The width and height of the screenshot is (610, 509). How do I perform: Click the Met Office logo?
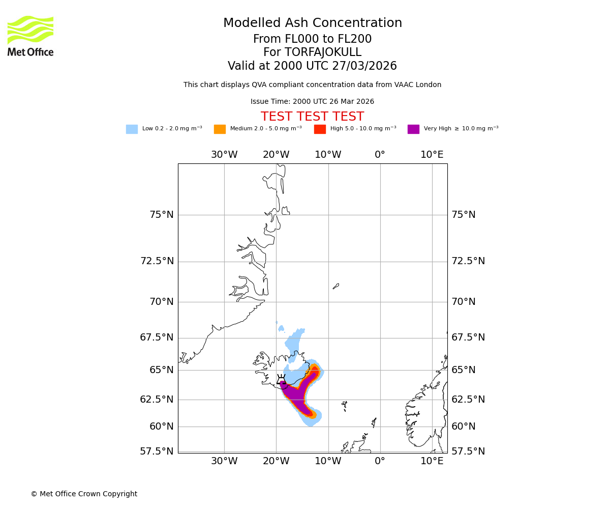[30, 36]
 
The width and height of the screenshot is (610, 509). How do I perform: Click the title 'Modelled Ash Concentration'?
[312, 23]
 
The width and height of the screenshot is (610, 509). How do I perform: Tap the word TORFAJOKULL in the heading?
[323, 52]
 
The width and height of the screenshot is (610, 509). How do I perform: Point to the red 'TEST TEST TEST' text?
[312, 117]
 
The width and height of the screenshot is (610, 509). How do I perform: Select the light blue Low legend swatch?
[132, 129]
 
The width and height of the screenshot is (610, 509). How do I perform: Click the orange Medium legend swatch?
[220, 129]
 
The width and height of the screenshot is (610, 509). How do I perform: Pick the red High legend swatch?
[320, 129]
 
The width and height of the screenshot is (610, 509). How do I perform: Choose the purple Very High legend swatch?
[413, 129]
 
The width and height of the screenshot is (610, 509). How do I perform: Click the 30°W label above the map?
[224, 155]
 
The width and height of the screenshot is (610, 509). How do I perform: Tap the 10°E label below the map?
[432, 461]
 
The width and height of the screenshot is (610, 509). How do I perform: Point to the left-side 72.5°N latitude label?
[157, 261]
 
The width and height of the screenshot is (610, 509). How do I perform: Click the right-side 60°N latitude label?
[463, 427]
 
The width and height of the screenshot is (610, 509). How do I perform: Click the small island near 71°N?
[336, 286]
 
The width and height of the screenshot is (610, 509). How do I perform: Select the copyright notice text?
[84, 494]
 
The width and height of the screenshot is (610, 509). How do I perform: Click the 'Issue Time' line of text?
[312, 101]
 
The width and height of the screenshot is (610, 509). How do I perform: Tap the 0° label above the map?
[380, 155]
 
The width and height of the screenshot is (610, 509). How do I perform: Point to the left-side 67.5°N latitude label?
[157, 337]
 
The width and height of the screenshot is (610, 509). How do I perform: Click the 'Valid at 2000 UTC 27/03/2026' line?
[312, 66]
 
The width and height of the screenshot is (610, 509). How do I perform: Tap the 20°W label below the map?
[276, 461]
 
